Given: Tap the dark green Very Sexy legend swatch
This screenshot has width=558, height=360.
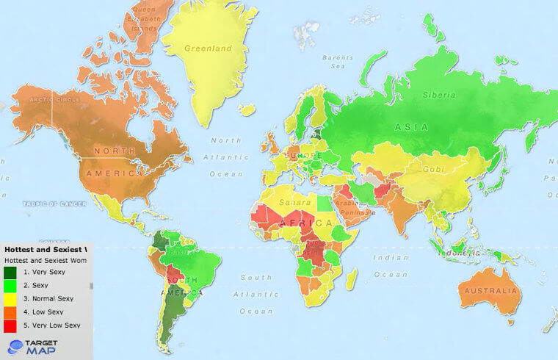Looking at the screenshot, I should point(10,273).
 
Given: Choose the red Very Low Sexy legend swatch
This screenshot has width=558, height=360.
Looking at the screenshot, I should point(10,325).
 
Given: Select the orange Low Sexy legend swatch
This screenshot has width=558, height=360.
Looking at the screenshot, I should point(10,312).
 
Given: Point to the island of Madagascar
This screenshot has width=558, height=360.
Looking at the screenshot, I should point(351,278).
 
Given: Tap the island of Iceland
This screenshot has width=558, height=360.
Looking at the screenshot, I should point(247,110).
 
